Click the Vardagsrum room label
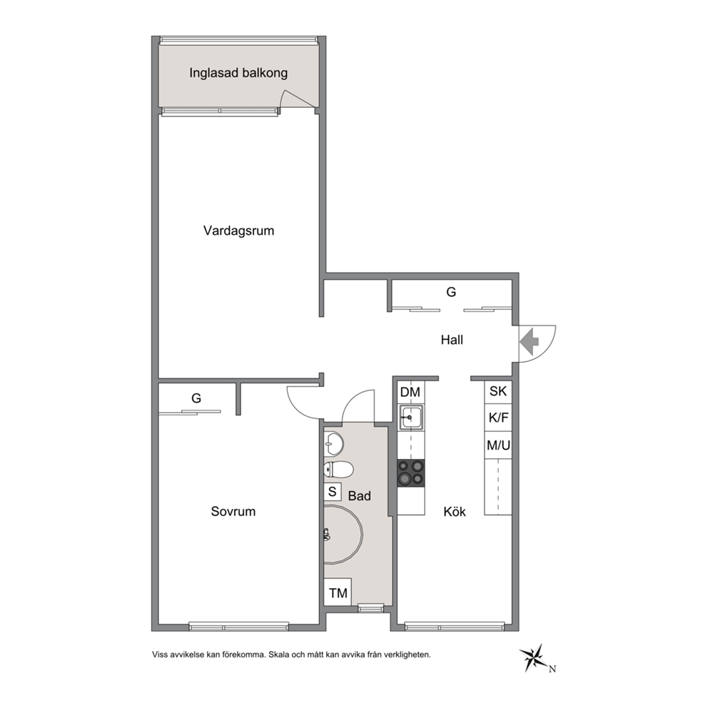pyautogui.click(x=238, y=231)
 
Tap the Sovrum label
pyautogui.click(x=233, y=511)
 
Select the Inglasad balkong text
pyautogui.click(x=238, y=73)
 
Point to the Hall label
pyautogui.click(x=452, y=340)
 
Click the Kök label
pyautogui.click(x=454, y=512)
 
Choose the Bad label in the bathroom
pyautogui.click(x=360, y=496)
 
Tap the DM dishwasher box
pyautogui.click(x=410, y=392)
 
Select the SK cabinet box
pyautogui.click(x=498, y=391)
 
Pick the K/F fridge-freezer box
pyautogui.click(x=498, y=418)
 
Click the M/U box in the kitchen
pyautogui.click(x=498, y=445)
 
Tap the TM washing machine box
pyautogui.click(x=338, y=592)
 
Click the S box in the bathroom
pyautogui.click(x=333, y=491)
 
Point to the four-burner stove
pyautogui.click(x=411, y=472)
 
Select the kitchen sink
pyautogui.click(x=411, y=418)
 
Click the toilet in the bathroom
pyautogui.click(x=338, y=470)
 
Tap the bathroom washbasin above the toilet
pyautogui.click(x=334, y=444)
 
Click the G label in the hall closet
pyautogui.click(x=451, y=292)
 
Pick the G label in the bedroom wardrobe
pyautogui.click(x=196, y=398)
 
